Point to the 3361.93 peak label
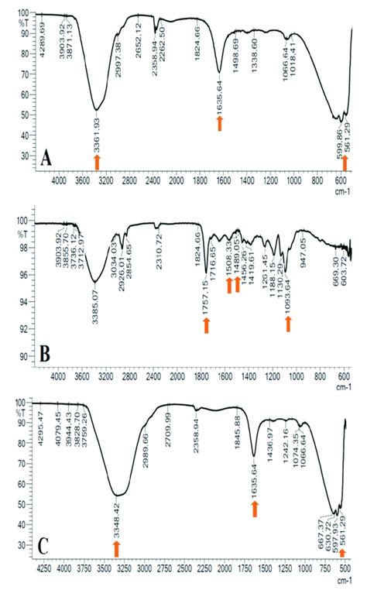pyautogui.click(x=97, y=132)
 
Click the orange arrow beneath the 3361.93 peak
pyautogui.click(x=97, y=161)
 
